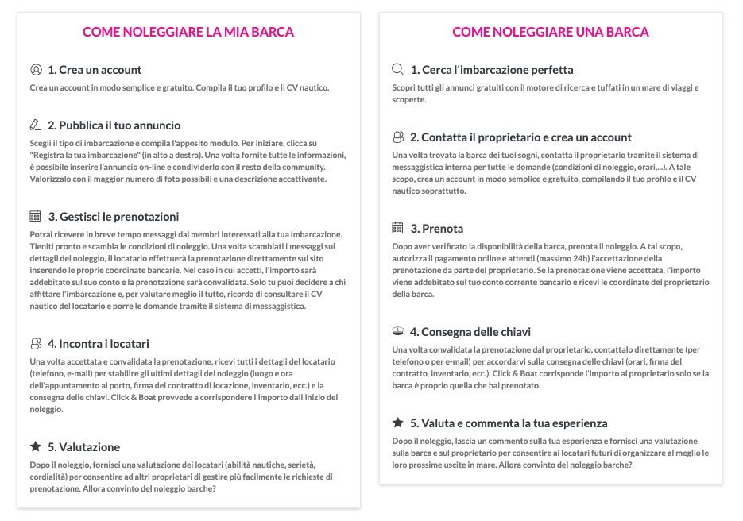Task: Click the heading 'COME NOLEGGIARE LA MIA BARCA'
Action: point(188,32)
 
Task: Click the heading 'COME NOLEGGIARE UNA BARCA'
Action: point(551,32)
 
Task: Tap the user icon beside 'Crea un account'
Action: point(35,69)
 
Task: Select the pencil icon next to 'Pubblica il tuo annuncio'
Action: point(35,125)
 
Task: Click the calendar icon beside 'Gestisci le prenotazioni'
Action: point(35,216)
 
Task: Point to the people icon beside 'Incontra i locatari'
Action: point(35,343)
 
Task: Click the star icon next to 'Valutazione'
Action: point(35,446)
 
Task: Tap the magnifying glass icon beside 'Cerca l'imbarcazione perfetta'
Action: point(398,69)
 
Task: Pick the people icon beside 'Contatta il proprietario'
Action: point(398,137)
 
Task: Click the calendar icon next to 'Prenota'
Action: point(398,228)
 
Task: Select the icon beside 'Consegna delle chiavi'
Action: point(398,331)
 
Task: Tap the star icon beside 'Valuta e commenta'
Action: point(398,423)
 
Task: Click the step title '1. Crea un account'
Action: point(95,70)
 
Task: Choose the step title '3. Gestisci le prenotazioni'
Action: point(113,217)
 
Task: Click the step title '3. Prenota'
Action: point(436,229)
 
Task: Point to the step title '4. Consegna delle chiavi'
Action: point(470,332)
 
